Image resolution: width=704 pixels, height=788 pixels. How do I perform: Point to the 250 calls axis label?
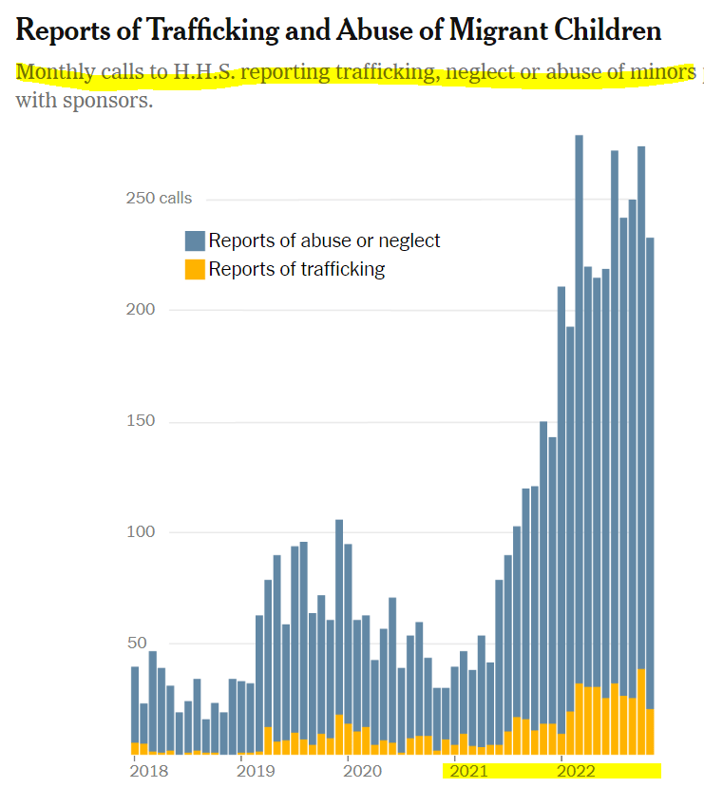click(x=160, y=199)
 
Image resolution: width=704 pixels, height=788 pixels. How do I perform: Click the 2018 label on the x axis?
click(x=147, y=770)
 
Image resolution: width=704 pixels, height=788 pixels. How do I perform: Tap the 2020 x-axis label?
click(x=361, y=770)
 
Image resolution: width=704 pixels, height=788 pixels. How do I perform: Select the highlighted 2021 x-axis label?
click(x=469, y=770)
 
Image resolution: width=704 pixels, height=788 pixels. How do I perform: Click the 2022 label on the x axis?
click(x=576, y=770)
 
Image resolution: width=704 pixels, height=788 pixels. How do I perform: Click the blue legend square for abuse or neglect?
click(x=195, y=241)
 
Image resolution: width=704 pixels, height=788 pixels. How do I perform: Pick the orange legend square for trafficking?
click(x=195, y=269)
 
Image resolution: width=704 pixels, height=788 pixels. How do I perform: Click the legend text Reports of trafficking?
click(x=296, y=269)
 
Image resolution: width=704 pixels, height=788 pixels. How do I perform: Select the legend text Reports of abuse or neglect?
click(x=324, y=241)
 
